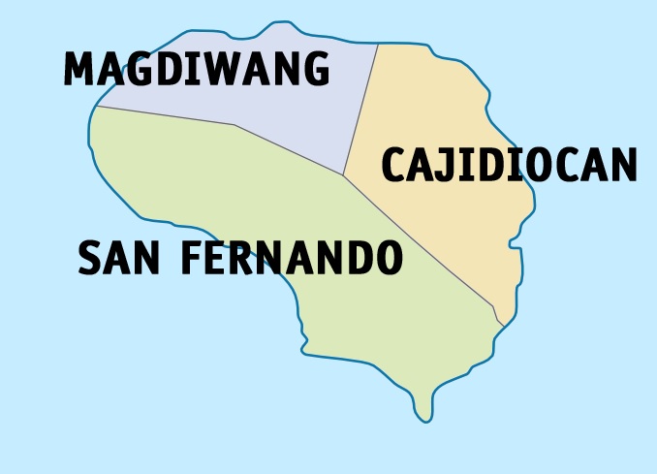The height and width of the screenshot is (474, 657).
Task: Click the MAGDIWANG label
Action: pos(197,70)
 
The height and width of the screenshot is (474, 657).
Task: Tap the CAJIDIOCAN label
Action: pos(509,165)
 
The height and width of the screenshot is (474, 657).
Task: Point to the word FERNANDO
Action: pos(292,258)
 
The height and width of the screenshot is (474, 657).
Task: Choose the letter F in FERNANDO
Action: pos(193,258)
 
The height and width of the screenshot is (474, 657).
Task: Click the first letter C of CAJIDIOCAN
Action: pos(394,165)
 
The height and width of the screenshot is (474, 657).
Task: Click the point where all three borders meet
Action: pos(343,175)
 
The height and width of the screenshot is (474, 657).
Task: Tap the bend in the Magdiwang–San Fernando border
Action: pos(235,125)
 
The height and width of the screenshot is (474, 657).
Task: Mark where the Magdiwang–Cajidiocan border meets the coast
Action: pos(378,44)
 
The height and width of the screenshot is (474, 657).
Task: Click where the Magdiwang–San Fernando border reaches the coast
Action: pos(95,107)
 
